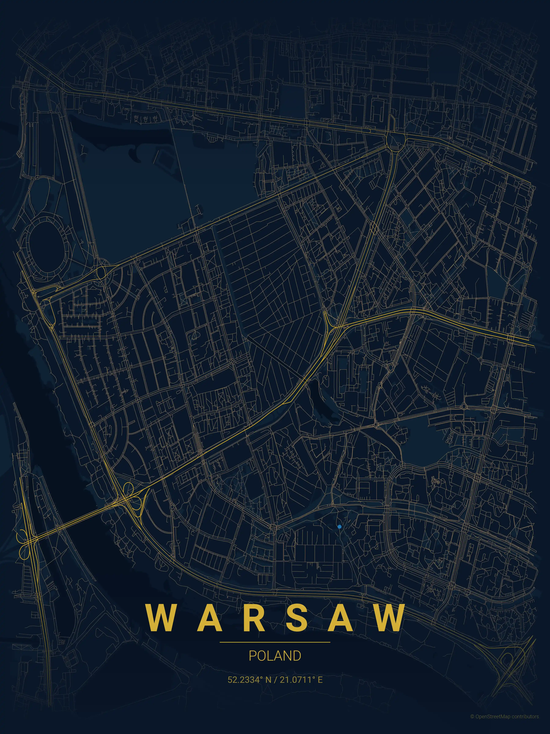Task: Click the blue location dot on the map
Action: pyautogui.click(x=339, y=526)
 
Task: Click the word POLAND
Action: pyautogui.click(x=275, y=656)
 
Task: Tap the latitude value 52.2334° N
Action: pyautogui.click(x=249, y=680)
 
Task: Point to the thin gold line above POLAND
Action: pyautogui.click(x=275, y=642)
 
